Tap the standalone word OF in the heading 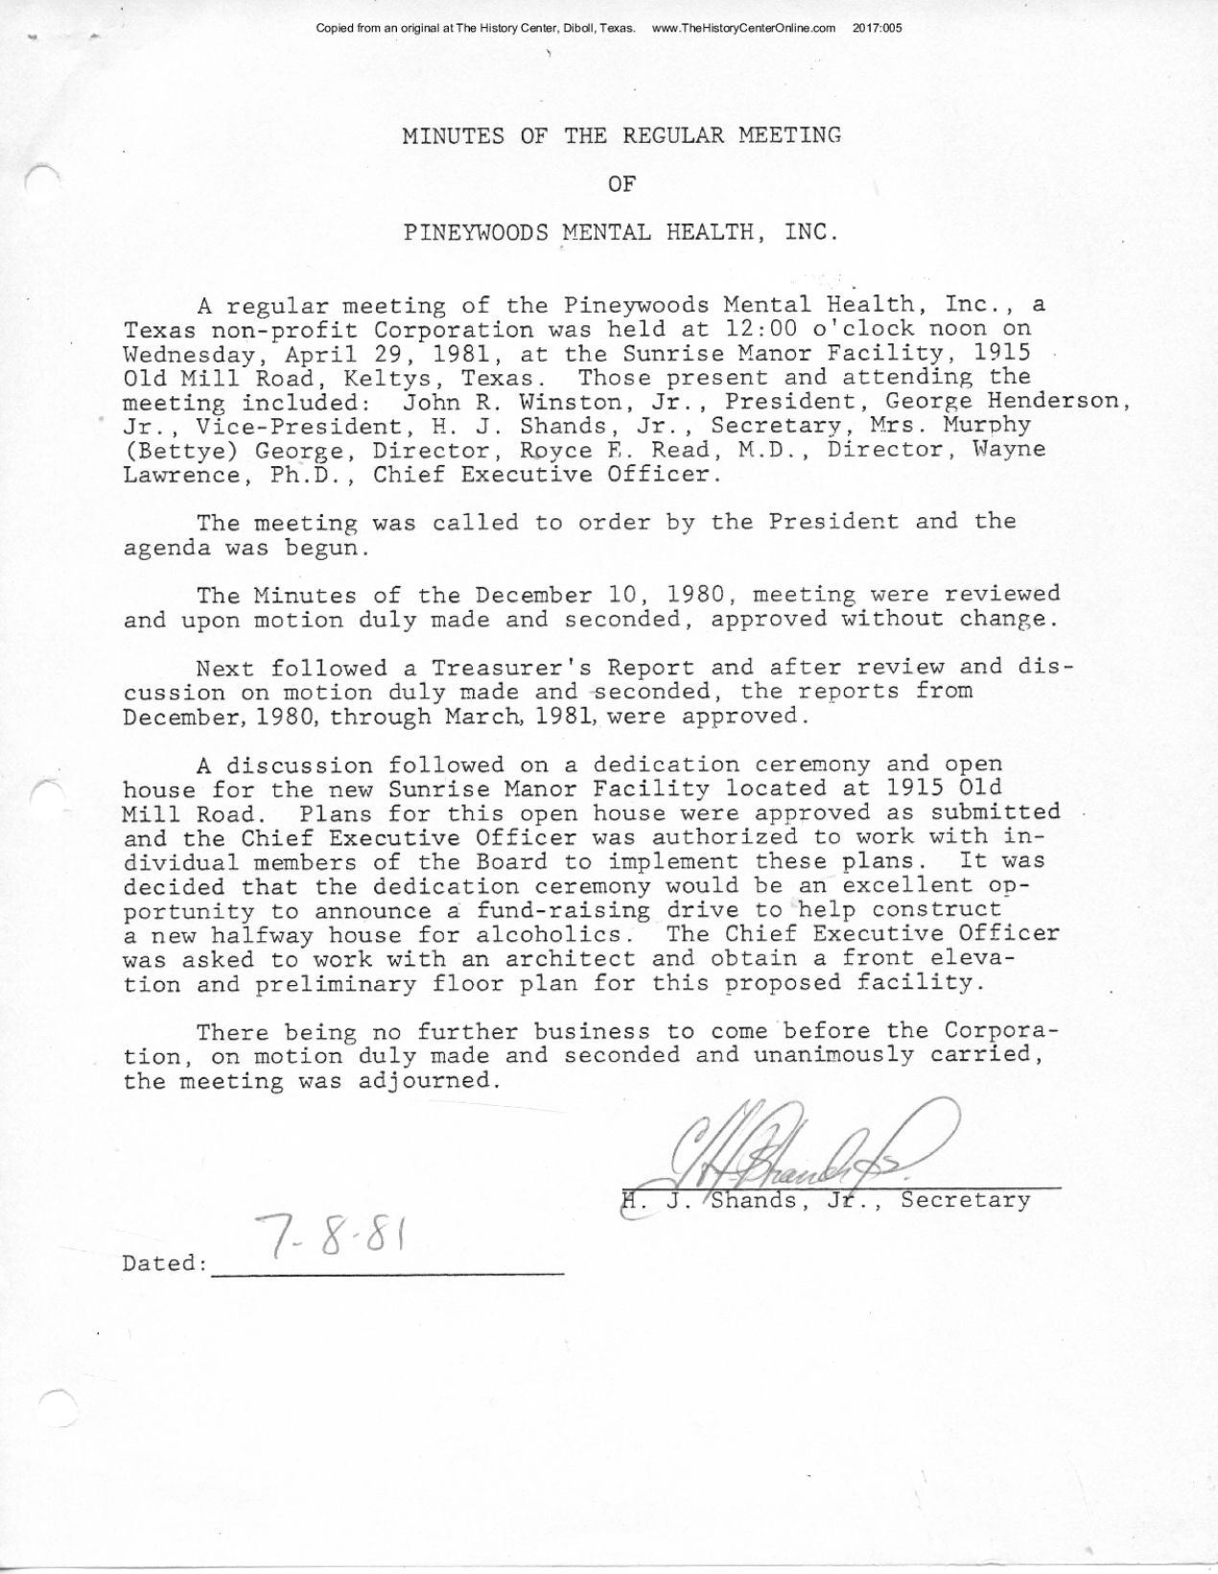point(621,183)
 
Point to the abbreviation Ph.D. point(307,476)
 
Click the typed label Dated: point(165,1263)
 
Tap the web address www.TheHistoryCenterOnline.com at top point(743,28)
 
